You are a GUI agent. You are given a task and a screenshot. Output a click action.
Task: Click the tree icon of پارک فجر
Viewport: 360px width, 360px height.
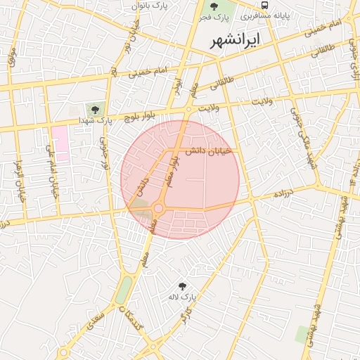click(x=214, y=6)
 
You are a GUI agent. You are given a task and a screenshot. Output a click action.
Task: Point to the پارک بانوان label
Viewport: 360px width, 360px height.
click(x=159, y=5)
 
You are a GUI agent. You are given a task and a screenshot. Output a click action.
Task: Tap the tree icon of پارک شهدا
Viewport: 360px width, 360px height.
click(x=91, y=110)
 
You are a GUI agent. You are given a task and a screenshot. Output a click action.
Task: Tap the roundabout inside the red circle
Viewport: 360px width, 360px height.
click(x=159, y=208)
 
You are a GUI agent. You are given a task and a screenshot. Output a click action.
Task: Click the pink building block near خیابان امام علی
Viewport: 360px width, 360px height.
click(x=61, y=143)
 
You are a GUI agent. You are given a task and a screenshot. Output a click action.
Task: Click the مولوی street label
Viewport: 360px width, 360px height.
click(x=12, y=56)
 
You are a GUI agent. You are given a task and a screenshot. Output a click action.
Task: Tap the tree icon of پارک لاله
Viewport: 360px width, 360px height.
click(x=183, y=286)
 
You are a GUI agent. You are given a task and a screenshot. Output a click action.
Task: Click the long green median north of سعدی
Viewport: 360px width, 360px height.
click(x=124, y=289)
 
